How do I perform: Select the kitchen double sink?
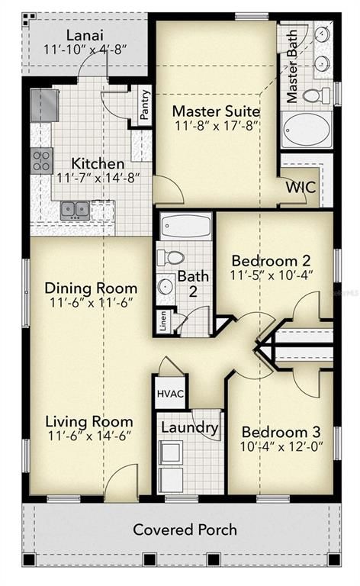[76, 209]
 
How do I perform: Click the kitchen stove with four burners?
[42, 159]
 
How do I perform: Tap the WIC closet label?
[301, 186]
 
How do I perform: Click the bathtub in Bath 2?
[187, 227]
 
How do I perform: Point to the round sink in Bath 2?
[166, 287]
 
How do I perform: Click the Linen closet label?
[164, 320]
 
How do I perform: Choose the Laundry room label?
[189, 427]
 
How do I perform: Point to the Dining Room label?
[91, 288]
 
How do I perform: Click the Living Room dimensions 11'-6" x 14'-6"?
[88, 437]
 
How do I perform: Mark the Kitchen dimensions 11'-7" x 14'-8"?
[90, 178]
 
